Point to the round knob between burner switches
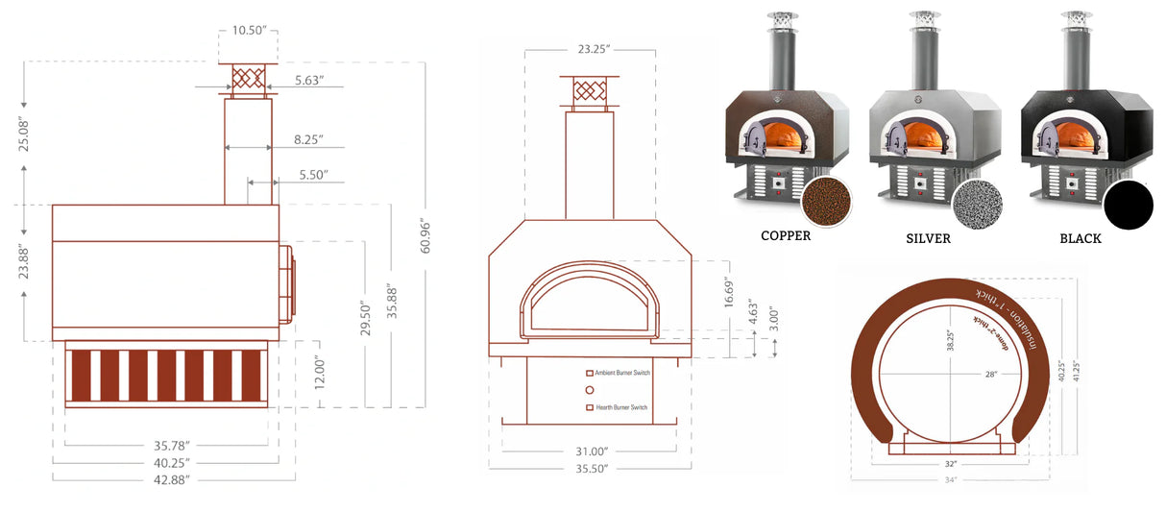(x=590, y=390)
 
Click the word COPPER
(x=786, y=235)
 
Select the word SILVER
(x=928, y=238)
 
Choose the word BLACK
(x=1081, y=238)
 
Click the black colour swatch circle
(x=1128, y=205)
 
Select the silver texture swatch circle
(x=977, y=203)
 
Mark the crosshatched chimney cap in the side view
(x=249, y=81)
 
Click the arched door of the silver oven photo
(x=895, y=140)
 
